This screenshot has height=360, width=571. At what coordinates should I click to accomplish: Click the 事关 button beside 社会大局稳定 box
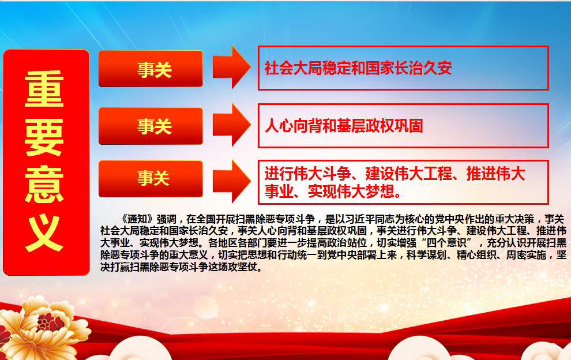coord(151,69)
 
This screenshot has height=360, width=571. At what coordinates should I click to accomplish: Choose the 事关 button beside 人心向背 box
coord(151,125)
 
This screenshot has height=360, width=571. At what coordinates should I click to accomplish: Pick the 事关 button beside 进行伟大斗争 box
coord(151,178)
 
